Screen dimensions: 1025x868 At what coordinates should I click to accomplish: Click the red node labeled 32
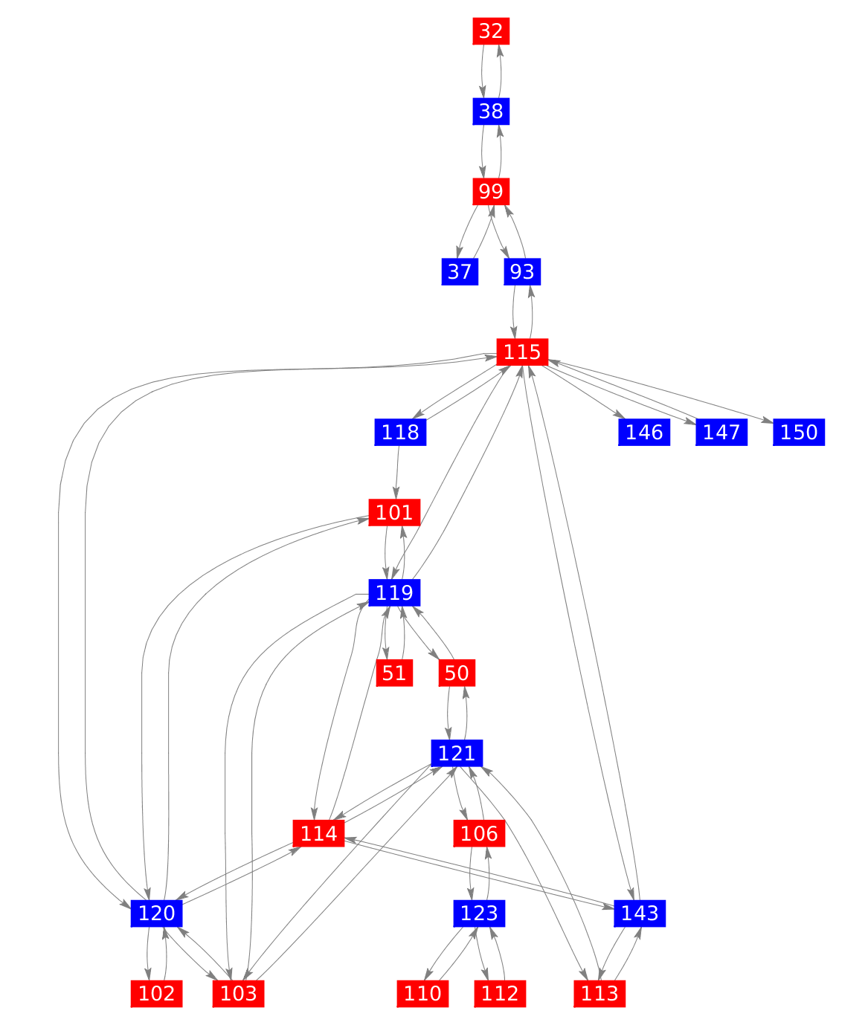click(491, 31)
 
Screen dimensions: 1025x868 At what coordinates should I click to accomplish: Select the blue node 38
click(491, 111)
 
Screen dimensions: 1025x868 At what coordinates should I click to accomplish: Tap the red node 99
click(491, 192)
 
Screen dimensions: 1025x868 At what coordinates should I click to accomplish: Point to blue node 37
click(460, 272)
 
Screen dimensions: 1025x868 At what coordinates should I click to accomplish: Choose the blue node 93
click(522, 272)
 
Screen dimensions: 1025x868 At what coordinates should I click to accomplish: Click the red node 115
click(522, 352)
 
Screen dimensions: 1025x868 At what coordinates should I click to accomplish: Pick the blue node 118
click(400, 432)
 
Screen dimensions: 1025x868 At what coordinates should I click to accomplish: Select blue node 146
click(644, 432)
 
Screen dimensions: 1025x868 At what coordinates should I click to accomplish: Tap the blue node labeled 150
click(800, 432)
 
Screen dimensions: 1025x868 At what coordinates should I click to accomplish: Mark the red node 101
click(394, 512)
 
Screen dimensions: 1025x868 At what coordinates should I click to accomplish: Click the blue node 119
click(394, 592)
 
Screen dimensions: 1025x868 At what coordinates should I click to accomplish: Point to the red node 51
click(394, 673)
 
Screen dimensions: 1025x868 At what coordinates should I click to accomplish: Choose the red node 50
click(457, 673)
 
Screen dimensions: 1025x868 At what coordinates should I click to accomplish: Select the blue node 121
click(457, 754)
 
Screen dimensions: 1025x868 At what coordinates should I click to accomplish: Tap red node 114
click(319, 834)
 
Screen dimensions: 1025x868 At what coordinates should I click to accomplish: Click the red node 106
click(479, 834)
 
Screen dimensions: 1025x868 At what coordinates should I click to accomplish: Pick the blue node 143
click(640, 914)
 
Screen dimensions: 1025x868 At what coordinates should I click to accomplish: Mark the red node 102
click(156, 994)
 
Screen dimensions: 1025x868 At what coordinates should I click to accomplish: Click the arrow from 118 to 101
click(398, 472)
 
